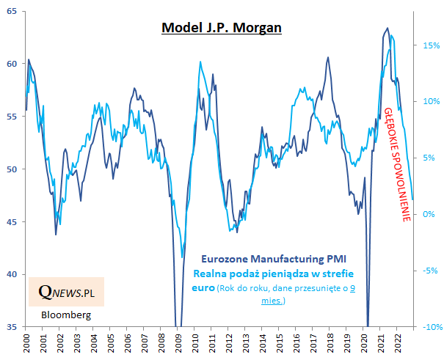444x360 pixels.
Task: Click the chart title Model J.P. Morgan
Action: pyautogui.click(x=222, y=28)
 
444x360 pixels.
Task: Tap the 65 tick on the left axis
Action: pyautogui.click(x=15, y=11)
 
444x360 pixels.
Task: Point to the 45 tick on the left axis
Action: pyautogui.click(x=15, y=222)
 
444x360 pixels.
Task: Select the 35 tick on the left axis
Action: pyautogui.click(x=15, y=327)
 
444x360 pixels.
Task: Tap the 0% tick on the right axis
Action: pyautogui.click(x=431, y=214)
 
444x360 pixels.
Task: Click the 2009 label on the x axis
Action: pyautogui.click(x=178, y=342)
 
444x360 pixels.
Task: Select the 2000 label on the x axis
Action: pyautogui.click(x=26, y=342)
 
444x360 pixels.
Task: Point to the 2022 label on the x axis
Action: pyautogui.click(x=396, y=342)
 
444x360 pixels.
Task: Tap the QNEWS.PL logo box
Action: pyautogui.click(x=66, y=292)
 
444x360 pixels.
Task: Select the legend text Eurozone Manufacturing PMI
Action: pyautogui.click(x=273, y=259)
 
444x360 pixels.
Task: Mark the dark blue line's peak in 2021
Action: pyautogui.click(x=387, y=29)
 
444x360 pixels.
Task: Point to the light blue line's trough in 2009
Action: pyautogui.click(x=182, y=257)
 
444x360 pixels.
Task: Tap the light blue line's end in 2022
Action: pyautogui.click(x=412, y=199)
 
